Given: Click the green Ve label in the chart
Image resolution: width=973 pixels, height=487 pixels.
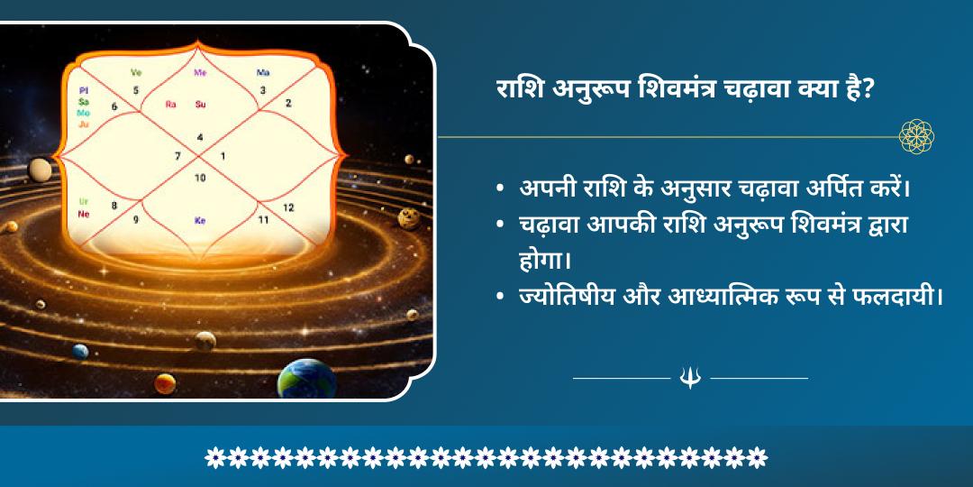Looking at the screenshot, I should point(137,72).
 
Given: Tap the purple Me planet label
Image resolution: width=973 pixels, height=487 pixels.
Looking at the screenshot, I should point(200,72).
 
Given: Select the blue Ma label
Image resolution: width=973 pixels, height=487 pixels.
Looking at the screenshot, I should point(263,72).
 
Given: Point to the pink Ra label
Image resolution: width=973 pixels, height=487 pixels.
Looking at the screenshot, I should point(170,104).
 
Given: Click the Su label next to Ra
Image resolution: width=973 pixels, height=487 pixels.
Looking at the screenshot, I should point(201,104).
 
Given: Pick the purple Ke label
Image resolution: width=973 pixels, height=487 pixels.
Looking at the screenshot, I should point(200,219).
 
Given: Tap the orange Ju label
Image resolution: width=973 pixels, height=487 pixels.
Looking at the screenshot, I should point(84,124).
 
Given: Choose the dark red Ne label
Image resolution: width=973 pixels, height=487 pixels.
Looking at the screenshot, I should point(84,214).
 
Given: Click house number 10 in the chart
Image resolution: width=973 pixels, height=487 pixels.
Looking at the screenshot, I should point(200,178).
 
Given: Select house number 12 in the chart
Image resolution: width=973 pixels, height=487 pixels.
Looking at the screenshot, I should point(288,207).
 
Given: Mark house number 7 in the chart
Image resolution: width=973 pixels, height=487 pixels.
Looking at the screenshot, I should point(177,156).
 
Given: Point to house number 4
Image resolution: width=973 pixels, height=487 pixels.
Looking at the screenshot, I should point(200,137).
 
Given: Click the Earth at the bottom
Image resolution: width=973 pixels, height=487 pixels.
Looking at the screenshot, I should point(306,379).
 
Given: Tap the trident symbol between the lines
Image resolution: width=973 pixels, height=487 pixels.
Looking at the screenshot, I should point(690,378).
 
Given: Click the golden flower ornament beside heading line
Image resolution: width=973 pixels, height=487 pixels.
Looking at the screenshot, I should point(916,136).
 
